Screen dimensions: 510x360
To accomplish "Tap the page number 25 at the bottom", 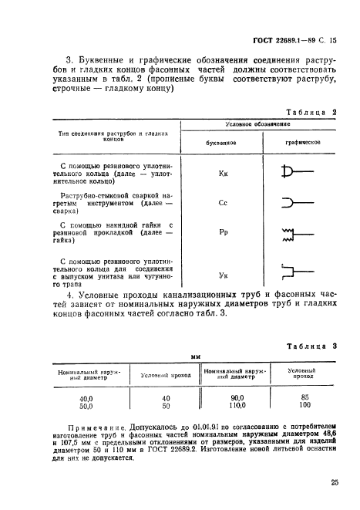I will coord(334,484).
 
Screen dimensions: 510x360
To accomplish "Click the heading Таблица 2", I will coord(315,112).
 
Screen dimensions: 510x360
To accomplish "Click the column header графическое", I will coord(302,143).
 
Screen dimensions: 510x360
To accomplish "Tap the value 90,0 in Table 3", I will coord(236,397).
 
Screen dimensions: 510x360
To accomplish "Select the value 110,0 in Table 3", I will coord(236,405).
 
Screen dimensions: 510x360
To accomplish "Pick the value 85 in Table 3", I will coord(303,397).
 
